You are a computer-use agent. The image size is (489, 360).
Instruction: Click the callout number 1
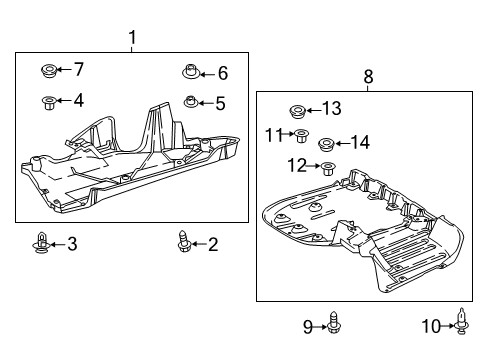[132, 39]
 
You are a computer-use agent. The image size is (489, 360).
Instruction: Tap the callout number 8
[368, 75]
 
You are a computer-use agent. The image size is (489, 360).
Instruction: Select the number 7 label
[79, 69]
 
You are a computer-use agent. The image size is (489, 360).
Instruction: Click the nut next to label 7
[46, 70]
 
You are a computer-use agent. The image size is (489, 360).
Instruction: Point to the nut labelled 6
[190, 72]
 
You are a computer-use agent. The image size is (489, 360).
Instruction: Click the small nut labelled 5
[191, 102]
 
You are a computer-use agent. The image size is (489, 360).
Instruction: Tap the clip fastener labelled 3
[41, 242]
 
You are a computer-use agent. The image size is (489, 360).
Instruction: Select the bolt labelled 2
[184, 242]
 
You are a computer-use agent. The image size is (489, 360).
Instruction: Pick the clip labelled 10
[462, 322]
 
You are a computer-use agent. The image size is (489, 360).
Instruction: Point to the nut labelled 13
[296, 108]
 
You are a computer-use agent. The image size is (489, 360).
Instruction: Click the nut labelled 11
[299, 134]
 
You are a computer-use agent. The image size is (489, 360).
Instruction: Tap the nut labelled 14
[326, 143]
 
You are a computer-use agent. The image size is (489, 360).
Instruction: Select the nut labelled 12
[328, 167]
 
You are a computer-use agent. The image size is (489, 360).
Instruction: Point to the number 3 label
[71, 243]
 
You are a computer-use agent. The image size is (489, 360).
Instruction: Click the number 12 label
[297, 164]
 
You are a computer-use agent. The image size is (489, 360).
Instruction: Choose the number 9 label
[308, 324]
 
